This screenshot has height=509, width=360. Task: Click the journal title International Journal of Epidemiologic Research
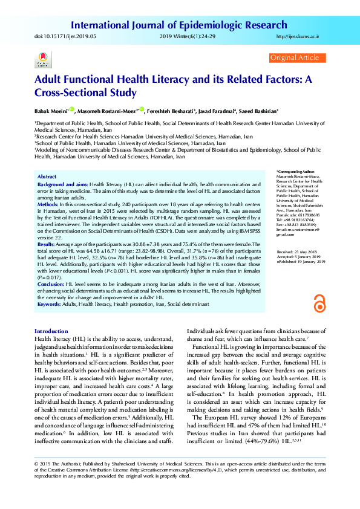(179, 25)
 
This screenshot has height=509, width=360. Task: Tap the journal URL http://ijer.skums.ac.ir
(297, 37)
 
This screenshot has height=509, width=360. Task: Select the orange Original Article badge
(295, 57)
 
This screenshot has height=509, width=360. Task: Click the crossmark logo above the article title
(42, 61)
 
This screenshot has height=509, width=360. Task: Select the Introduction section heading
(51, 331)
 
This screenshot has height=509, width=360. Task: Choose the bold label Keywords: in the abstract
(53, 303)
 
